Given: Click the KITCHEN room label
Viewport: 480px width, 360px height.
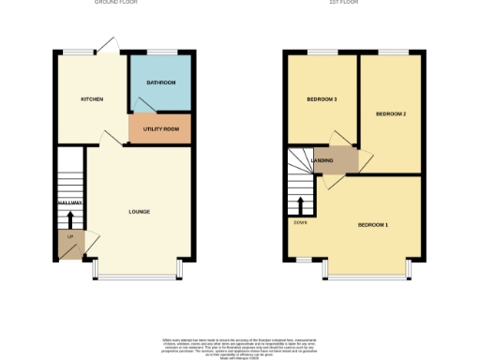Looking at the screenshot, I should [92, 98].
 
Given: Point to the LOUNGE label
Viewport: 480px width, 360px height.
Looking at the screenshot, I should [139, 211].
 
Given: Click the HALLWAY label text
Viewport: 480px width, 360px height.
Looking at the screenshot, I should [70, 202].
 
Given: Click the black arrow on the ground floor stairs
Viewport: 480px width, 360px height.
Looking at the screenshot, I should [70, 218].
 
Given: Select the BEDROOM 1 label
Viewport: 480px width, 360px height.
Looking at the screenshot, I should [372, 225].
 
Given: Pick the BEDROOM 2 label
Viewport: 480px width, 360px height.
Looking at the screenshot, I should [390, 113].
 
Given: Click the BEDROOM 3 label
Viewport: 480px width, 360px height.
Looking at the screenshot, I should [322, 98].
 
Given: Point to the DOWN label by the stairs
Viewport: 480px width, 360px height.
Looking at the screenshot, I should [300, 221].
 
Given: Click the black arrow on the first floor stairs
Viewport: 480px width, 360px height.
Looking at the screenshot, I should [300, 203].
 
